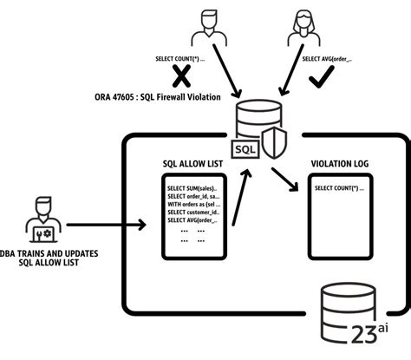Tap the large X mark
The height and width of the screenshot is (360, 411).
point(181,77)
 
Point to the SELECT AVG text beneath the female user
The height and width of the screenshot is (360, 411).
point(327,59)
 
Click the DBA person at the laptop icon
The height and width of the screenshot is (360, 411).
point(42,218)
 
